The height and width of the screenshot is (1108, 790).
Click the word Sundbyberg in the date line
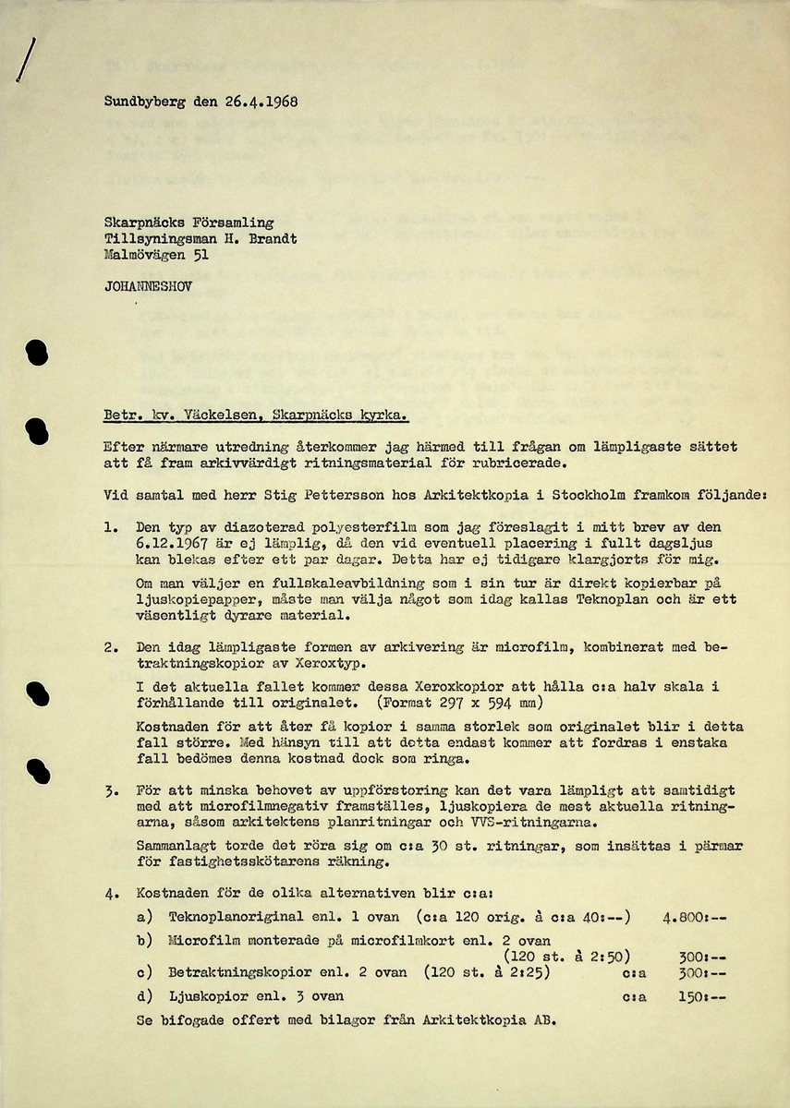click(x=144, y=102)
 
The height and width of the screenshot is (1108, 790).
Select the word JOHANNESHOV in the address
click(x=148, y=287)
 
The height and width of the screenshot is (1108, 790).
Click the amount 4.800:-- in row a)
click(x=695, y=917)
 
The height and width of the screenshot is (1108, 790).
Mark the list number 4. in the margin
click(x=112, y=894)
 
